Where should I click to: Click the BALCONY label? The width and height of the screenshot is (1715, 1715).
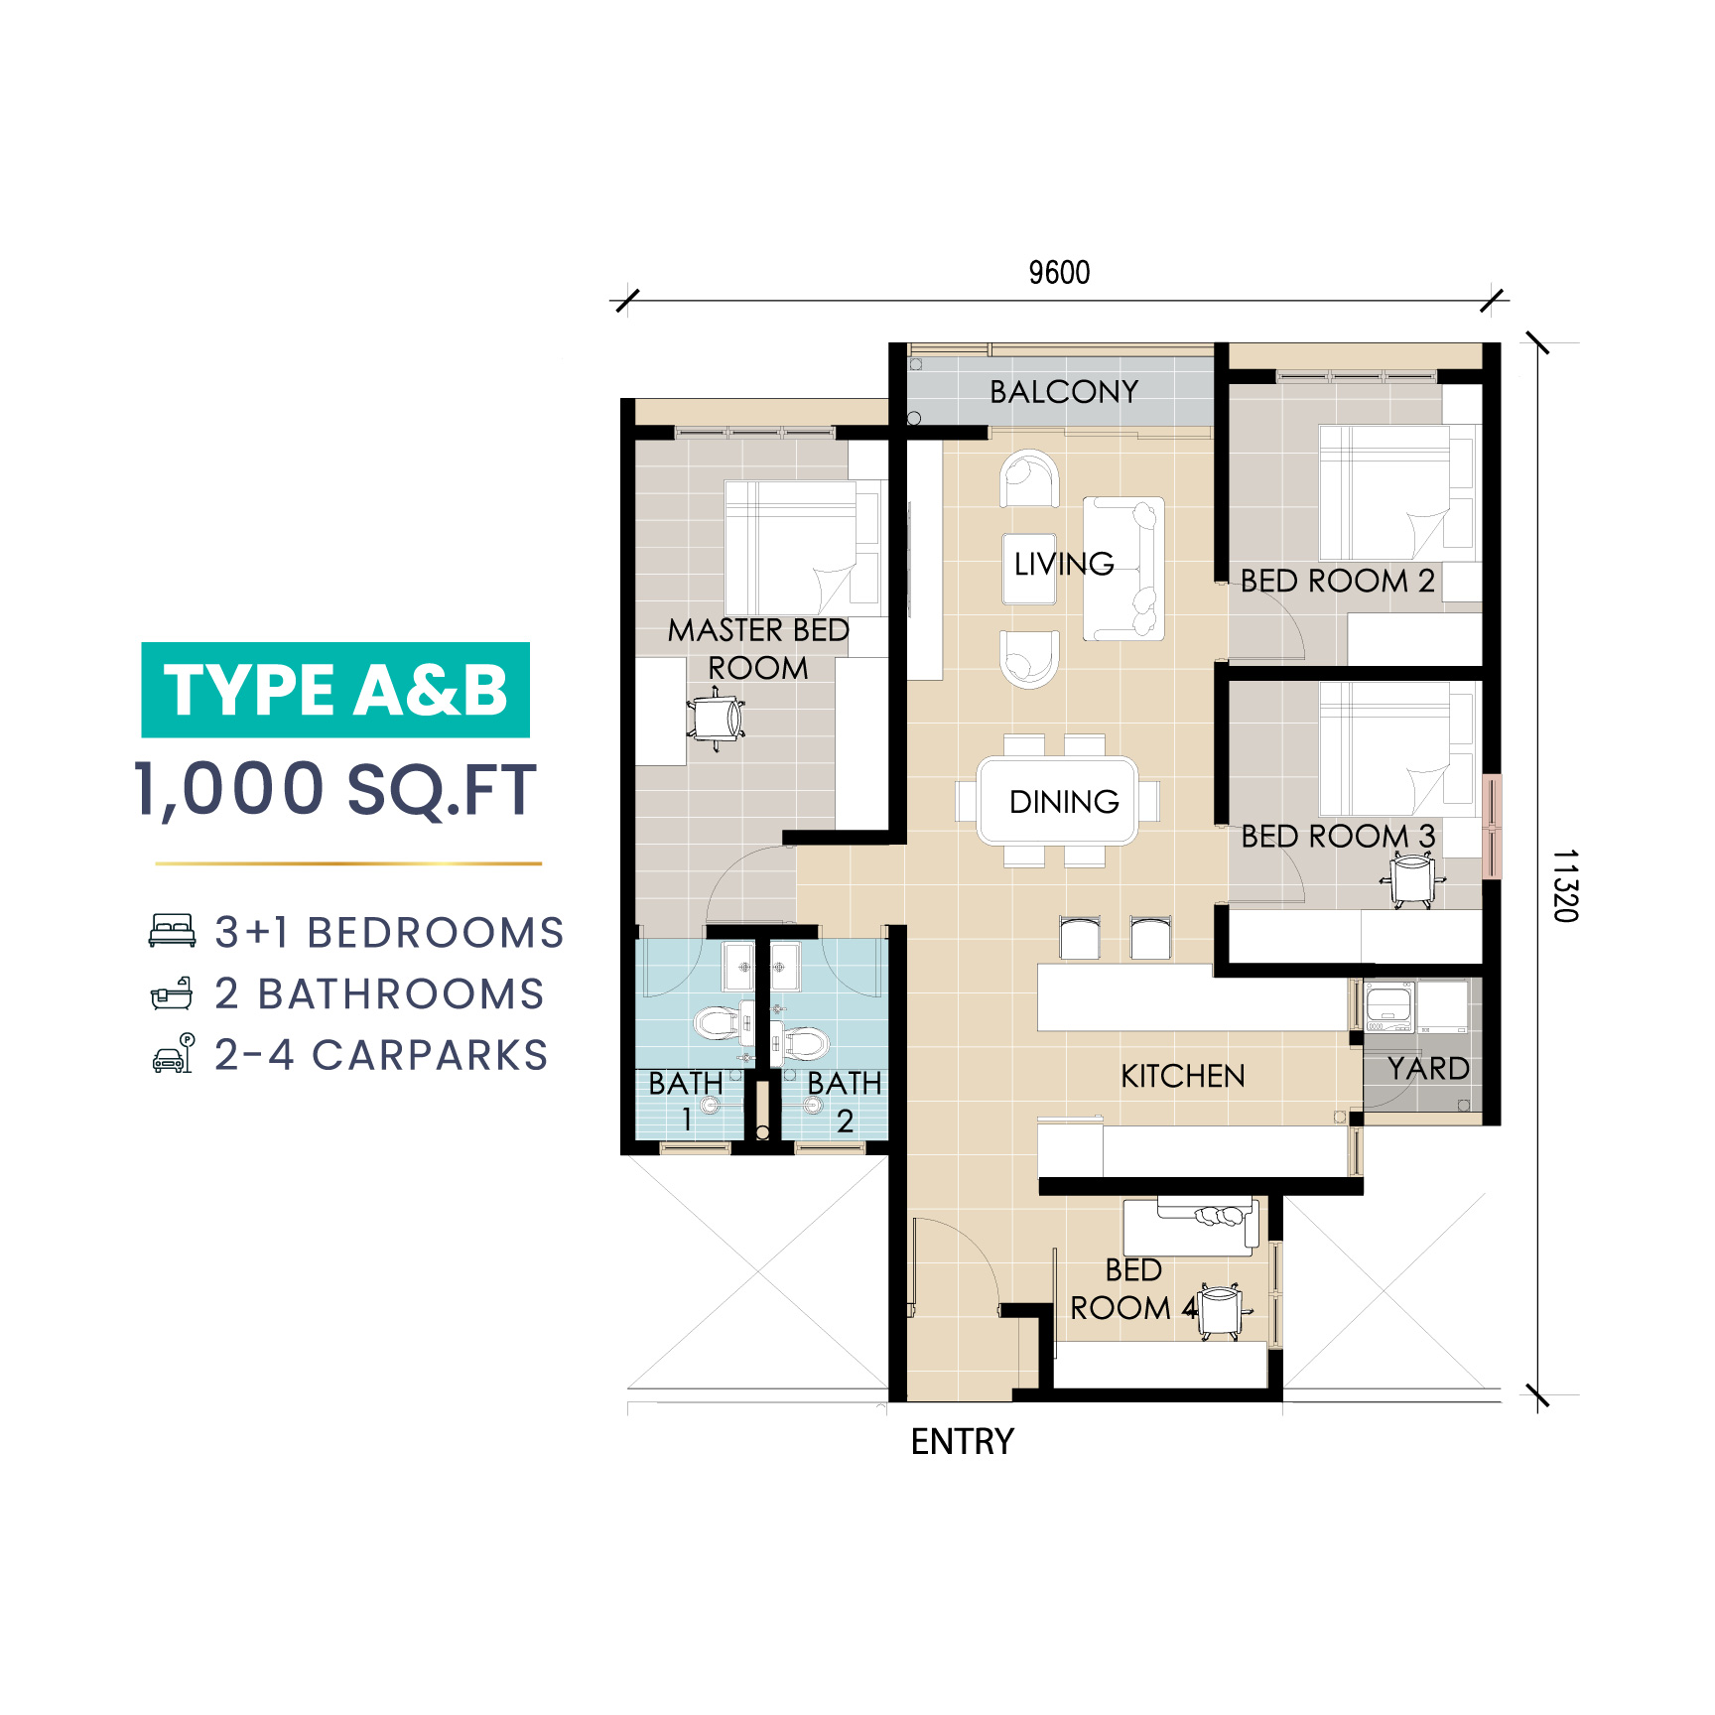(1064, 392)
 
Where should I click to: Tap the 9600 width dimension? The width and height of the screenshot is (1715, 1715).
(1059, 273)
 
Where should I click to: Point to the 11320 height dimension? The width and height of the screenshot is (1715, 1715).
(1565, 885)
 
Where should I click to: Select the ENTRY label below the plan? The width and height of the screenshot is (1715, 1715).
(963, 1441)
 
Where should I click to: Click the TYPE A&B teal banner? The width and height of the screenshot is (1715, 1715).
(335, 690)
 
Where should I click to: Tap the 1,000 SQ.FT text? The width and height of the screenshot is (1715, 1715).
(335, 790)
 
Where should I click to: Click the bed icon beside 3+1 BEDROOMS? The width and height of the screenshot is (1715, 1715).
(172, 931)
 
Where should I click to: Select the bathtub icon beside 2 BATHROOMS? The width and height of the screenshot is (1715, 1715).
(172, 992)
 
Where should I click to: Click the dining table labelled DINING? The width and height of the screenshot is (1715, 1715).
(1057, 801)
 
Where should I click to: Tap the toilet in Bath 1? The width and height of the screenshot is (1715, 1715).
(718, 1022)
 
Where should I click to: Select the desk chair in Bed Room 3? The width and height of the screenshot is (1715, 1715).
(1411, 880)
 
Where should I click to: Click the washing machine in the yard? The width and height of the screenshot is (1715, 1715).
(1389, 1007)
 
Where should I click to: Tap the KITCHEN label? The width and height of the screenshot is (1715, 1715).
(1183, 1076)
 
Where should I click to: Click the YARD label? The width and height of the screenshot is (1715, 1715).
(1428, 1069)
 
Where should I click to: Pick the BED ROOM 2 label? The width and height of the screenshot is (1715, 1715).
(1338, 581)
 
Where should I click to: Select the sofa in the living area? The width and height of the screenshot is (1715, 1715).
(1123, 569)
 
